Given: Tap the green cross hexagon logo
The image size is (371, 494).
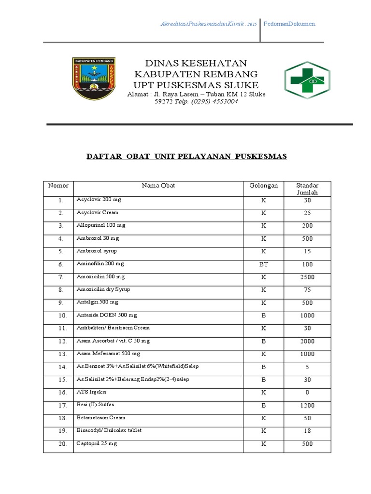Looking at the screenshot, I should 307,80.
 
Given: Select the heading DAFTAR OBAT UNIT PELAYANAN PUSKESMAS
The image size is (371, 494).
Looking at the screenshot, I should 186,156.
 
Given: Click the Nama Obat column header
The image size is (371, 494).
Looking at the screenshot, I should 158,186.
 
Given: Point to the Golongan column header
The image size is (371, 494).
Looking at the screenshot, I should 263,186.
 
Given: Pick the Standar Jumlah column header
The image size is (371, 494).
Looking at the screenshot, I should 307,189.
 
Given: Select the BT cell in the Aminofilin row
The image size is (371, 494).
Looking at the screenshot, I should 263,264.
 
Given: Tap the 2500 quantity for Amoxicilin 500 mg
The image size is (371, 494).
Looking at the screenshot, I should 307,277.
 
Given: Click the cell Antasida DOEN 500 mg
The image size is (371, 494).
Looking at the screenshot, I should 107,316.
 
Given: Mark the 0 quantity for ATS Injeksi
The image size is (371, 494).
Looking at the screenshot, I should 307,393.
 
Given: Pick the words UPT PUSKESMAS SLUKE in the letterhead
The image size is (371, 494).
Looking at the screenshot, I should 196,85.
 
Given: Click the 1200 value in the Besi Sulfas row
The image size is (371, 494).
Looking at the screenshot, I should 307,406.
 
